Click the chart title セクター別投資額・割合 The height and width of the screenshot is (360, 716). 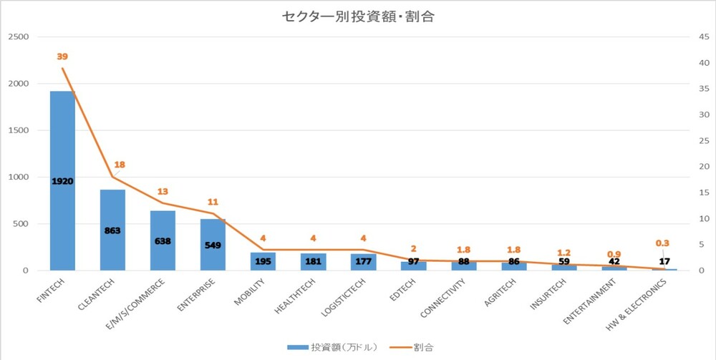pos(358,16)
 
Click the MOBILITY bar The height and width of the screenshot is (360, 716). pos(263,261)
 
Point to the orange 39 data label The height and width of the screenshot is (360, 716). pos(62,57)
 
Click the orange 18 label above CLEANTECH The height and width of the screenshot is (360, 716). pos(119,165)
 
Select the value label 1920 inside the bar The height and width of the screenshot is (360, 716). pos(62,181)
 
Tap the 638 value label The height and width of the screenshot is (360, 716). pos(163,241)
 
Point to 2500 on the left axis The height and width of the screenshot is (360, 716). pos(19,37)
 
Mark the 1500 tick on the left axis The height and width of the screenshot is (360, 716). pos(19,130)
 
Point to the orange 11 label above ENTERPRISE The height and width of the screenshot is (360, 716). pos(213,203)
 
